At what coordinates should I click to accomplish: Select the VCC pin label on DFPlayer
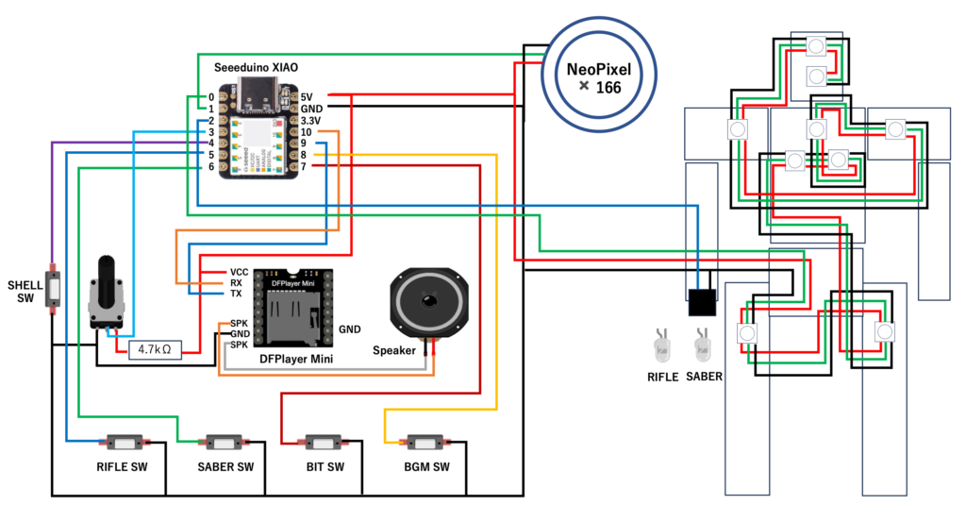[239, 271]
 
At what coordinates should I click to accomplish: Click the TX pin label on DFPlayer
[236, 294]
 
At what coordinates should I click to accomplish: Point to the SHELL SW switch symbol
[54, 286]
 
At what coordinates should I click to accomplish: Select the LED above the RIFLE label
[661, 346]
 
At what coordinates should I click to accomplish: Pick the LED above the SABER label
[701, 346]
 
